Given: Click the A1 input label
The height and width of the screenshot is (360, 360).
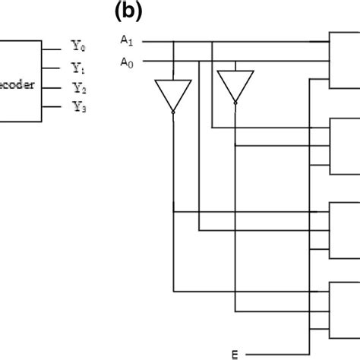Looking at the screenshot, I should click(x=125, y=39).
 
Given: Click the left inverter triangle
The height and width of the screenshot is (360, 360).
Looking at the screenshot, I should click(x=173, y=92).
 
